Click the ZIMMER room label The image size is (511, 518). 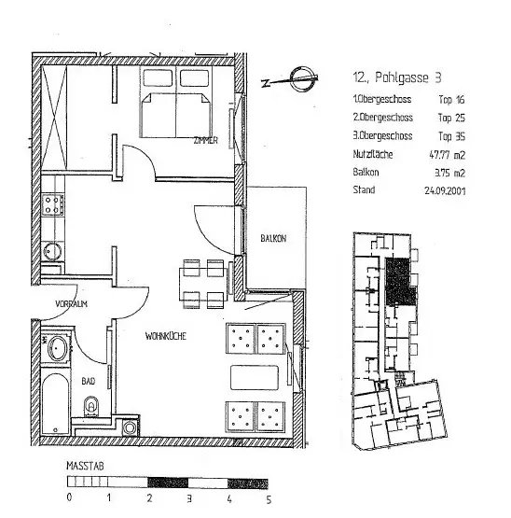tap(205, 140)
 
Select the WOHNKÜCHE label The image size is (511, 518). tap(165, 337)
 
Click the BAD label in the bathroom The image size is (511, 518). tap(89, 381)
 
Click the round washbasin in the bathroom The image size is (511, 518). tap(58, 350)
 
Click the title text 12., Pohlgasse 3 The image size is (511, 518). tap(392, 78)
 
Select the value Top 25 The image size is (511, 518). tap(451, 117)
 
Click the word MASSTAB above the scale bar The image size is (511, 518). tap(81, 465)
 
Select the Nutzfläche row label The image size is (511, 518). tap(371, 153)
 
